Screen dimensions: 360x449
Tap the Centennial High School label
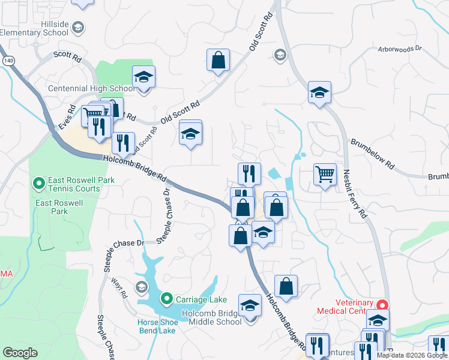click(91, 89)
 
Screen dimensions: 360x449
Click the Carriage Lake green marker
click(167, 298)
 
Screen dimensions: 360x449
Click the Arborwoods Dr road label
click(400, 48)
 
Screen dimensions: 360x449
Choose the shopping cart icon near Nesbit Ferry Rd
click(325, 175)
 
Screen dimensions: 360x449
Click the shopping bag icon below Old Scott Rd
click(218, 60)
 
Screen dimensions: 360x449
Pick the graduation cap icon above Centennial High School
click(143, 77)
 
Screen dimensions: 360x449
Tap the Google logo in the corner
click(20, 353)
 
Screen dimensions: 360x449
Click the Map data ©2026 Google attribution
click(412, 355)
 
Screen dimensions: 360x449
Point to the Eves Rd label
click(66, 119)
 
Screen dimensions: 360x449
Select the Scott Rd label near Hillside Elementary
click(67, 56)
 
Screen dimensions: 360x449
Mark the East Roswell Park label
click(51, 207)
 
